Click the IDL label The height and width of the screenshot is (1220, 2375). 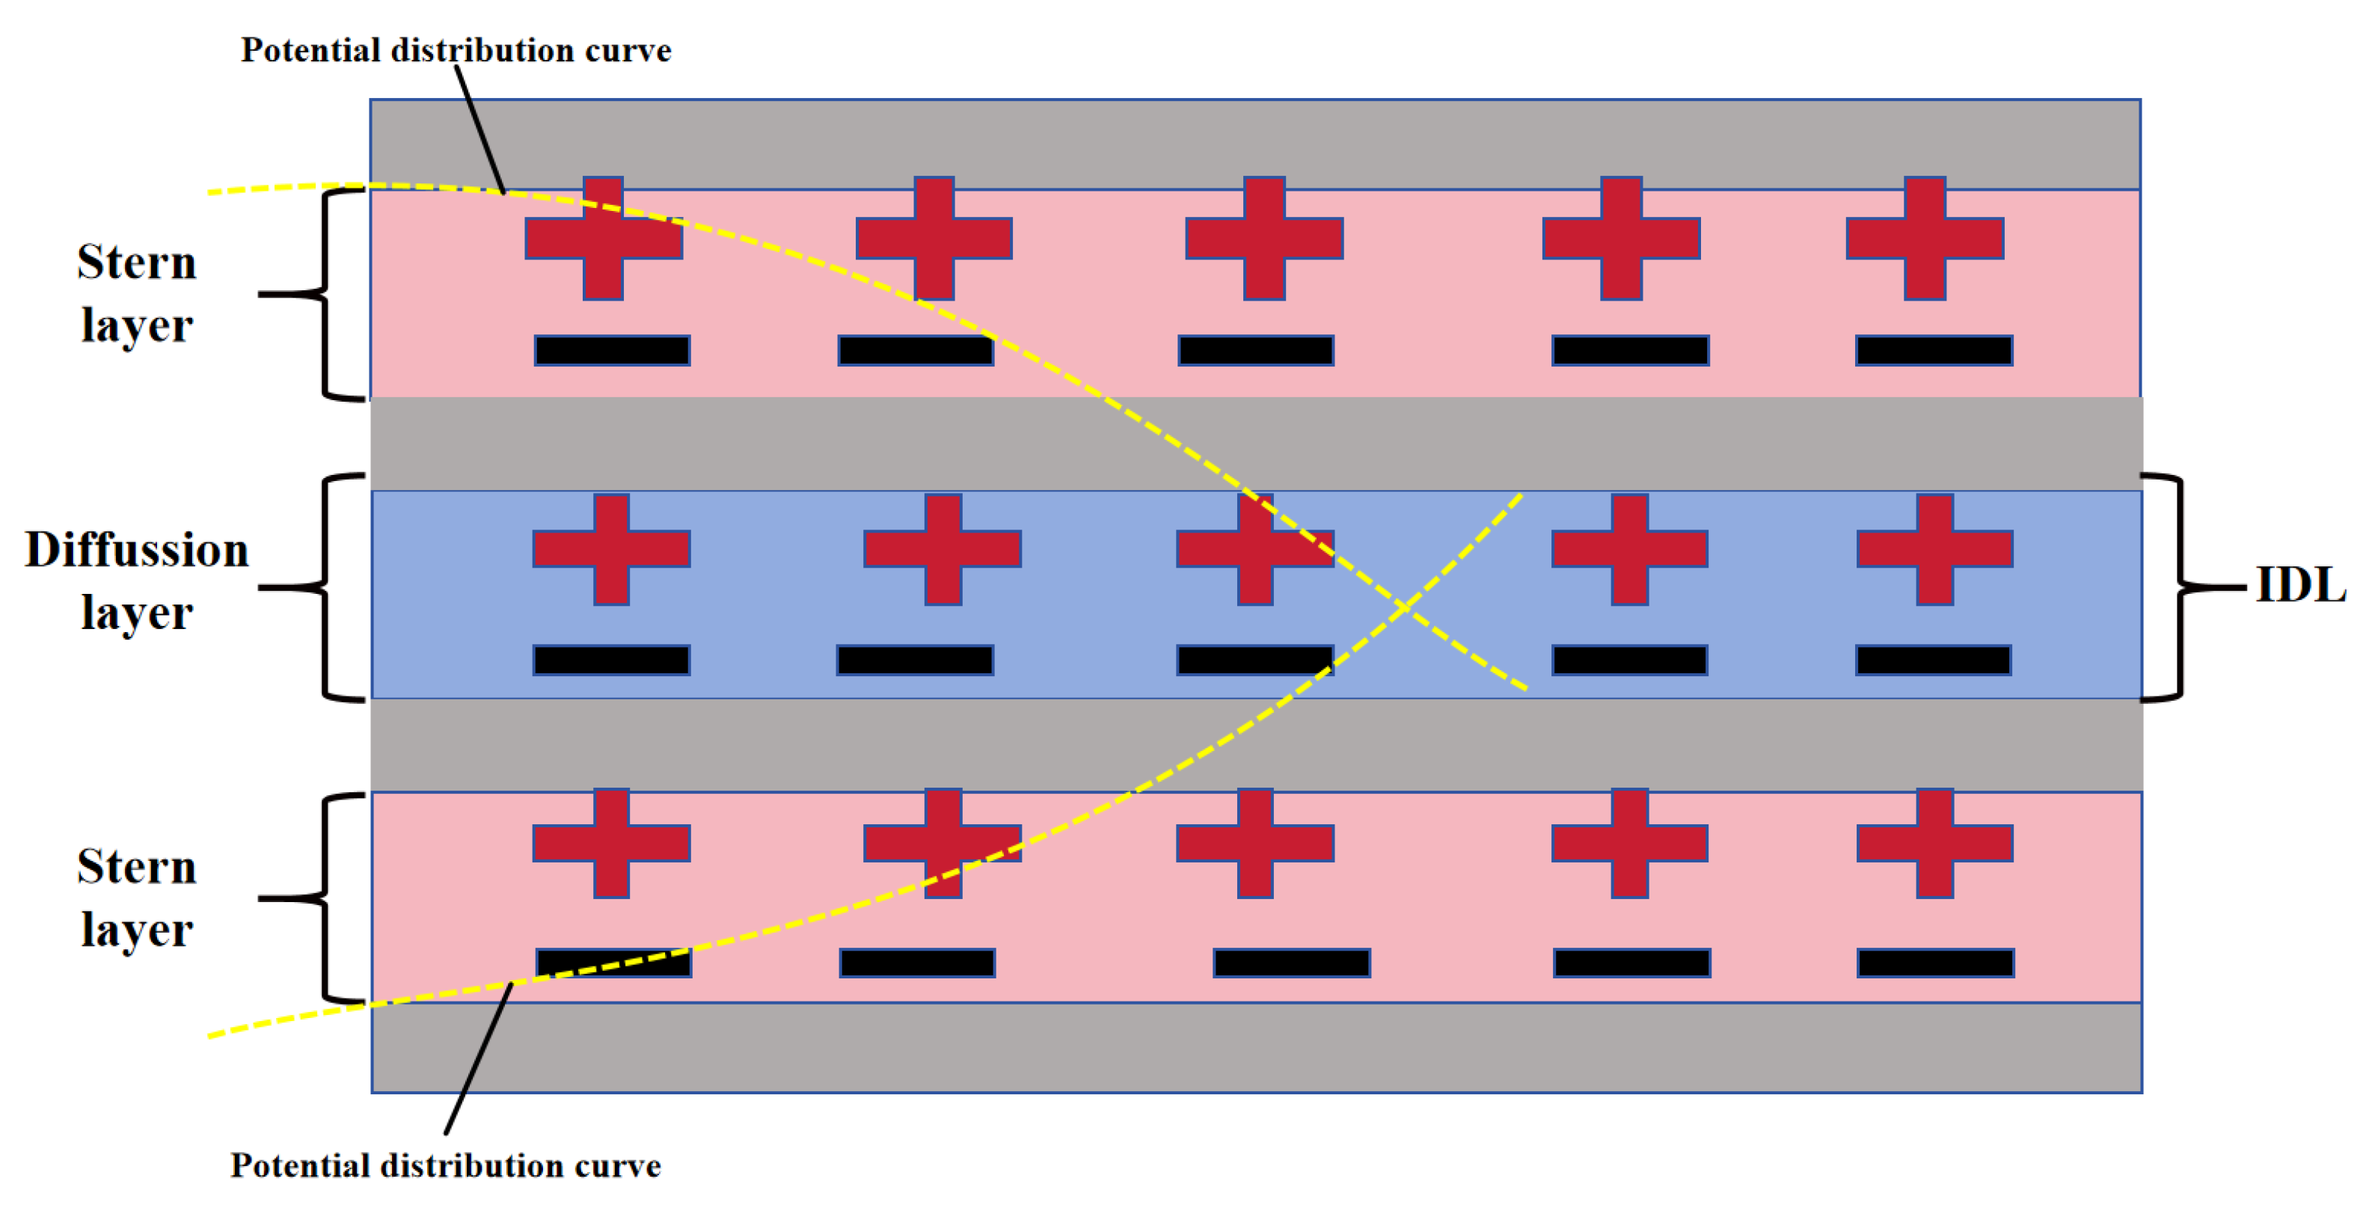pyautogui.click(x=2300, y=585)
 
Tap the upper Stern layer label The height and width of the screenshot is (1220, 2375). pyautogui.click(x=136, y=292)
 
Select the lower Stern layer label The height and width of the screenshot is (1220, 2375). pyautogui.click(x=136, y=898)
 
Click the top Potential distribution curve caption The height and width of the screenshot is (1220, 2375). pyautogui.click(x=456, y=50)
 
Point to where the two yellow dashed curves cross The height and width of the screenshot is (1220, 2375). pyautogui.click(x=1404, y=607)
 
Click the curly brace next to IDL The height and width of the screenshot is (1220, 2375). pyautogui.click(x=2181, y=586)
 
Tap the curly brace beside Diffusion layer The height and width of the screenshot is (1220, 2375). pyautogui.click(x=325, y=586)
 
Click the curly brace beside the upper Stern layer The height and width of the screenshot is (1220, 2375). pyautogui.click(x=325, y=294)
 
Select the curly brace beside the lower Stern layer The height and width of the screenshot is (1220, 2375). pyautogui.click(x=325, y=898)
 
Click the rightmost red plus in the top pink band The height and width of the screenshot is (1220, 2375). pyautogui.click(x=1925, y=238)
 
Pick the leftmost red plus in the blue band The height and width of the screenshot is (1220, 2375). pyautogui.click(x=611, y=549)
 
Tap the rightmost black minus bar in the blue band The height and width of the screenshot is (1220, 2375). pyautogui.click(x=1934, y=660)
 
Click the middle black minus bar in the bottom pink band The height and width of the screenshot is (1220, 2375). pyautogui.click(x=1291, y=963)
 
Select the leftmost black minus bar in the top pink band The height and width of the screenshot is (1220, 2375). pyautogui.click(x=612, y=350)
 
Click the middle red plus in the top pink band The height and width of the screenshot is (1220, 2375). pyautogui.click(x=1264, y=238)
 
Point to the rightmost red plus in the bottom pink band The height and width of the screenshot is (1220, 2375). pyautogui.click(x=1934, y=843)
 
